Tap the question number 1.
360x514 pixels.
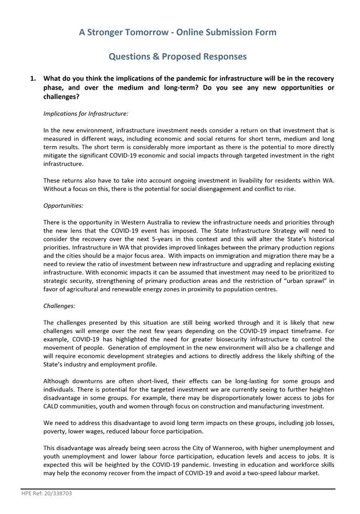(33, 79)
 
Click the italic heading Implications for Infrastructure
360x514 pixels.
(86, 114)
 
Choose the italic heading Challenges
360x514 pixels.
(60, 306)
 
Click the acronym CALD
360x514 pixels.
(54, 406)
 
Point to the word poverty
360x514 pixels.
(55, 431)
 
